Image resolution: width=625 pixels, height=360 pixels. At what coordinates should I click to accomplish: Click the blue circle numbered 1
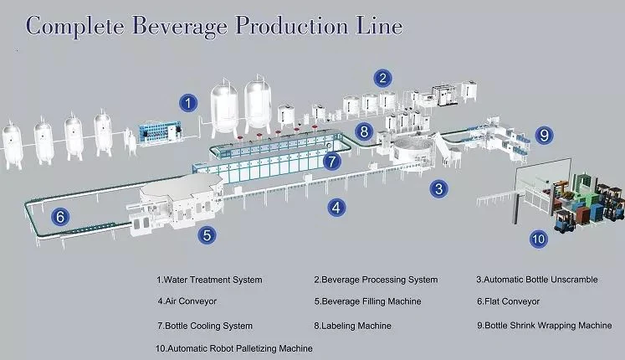(x=190, y=103)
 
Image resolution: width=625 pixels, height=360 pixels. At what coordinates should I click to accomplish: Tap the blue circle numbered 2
(x=382, y=80)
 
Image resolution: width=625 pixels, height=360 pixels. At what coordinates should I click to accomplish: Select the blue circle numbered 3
(x=438, y=189)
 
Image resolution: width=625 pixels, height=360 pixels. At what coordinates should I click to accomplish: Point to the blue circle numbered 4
(x=335, y=206)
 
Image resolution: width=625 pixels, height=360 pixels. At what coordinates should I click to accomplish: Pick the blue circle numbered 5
(x=207, y=235)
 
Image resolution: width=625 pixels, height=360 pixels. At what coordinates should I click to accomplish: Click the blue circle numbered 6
(x=59, y=216)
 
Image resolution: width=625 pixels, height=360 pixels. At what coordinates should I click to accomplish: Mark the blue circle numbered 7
(x=331, y=159)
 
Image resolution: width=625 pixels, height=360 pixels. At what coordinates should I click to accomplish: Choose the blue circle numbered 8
(x=363, y=131)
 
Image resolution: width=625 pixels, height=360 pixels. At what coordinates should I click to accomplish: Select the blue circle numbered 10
(x=538, y=239)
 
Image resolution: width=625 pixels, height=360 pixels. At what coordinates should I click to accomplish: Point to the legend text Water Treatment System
(x=209, y=279)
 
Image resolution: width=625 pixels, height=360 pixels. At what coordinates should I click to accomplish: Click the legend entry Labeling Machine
(x=352, y=325)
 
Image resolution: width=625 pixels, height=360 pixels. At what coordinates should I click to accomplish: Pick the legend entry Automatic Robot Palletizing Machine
(x=233, y=348)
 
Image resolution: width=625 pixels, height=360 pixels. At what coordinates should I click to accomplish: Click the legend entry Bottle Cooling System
(x=203, y=325)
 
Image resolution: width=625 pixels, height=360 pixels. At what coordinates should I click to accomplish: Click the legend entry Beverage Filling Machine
(x=367, y=301)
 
